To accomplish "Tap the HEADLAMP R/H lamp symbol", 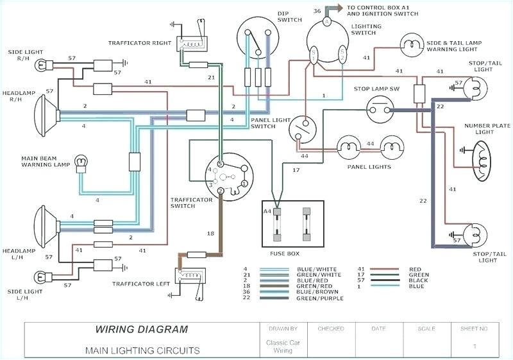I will (46, 116).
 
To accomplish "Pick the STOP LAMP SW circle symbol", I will (378, 108).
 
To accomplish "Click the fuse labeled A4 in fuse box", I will (278, 224).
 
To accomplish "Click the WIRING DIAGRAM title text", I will (142, 330).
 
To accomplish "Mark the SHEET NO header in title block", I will (475, 328).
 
